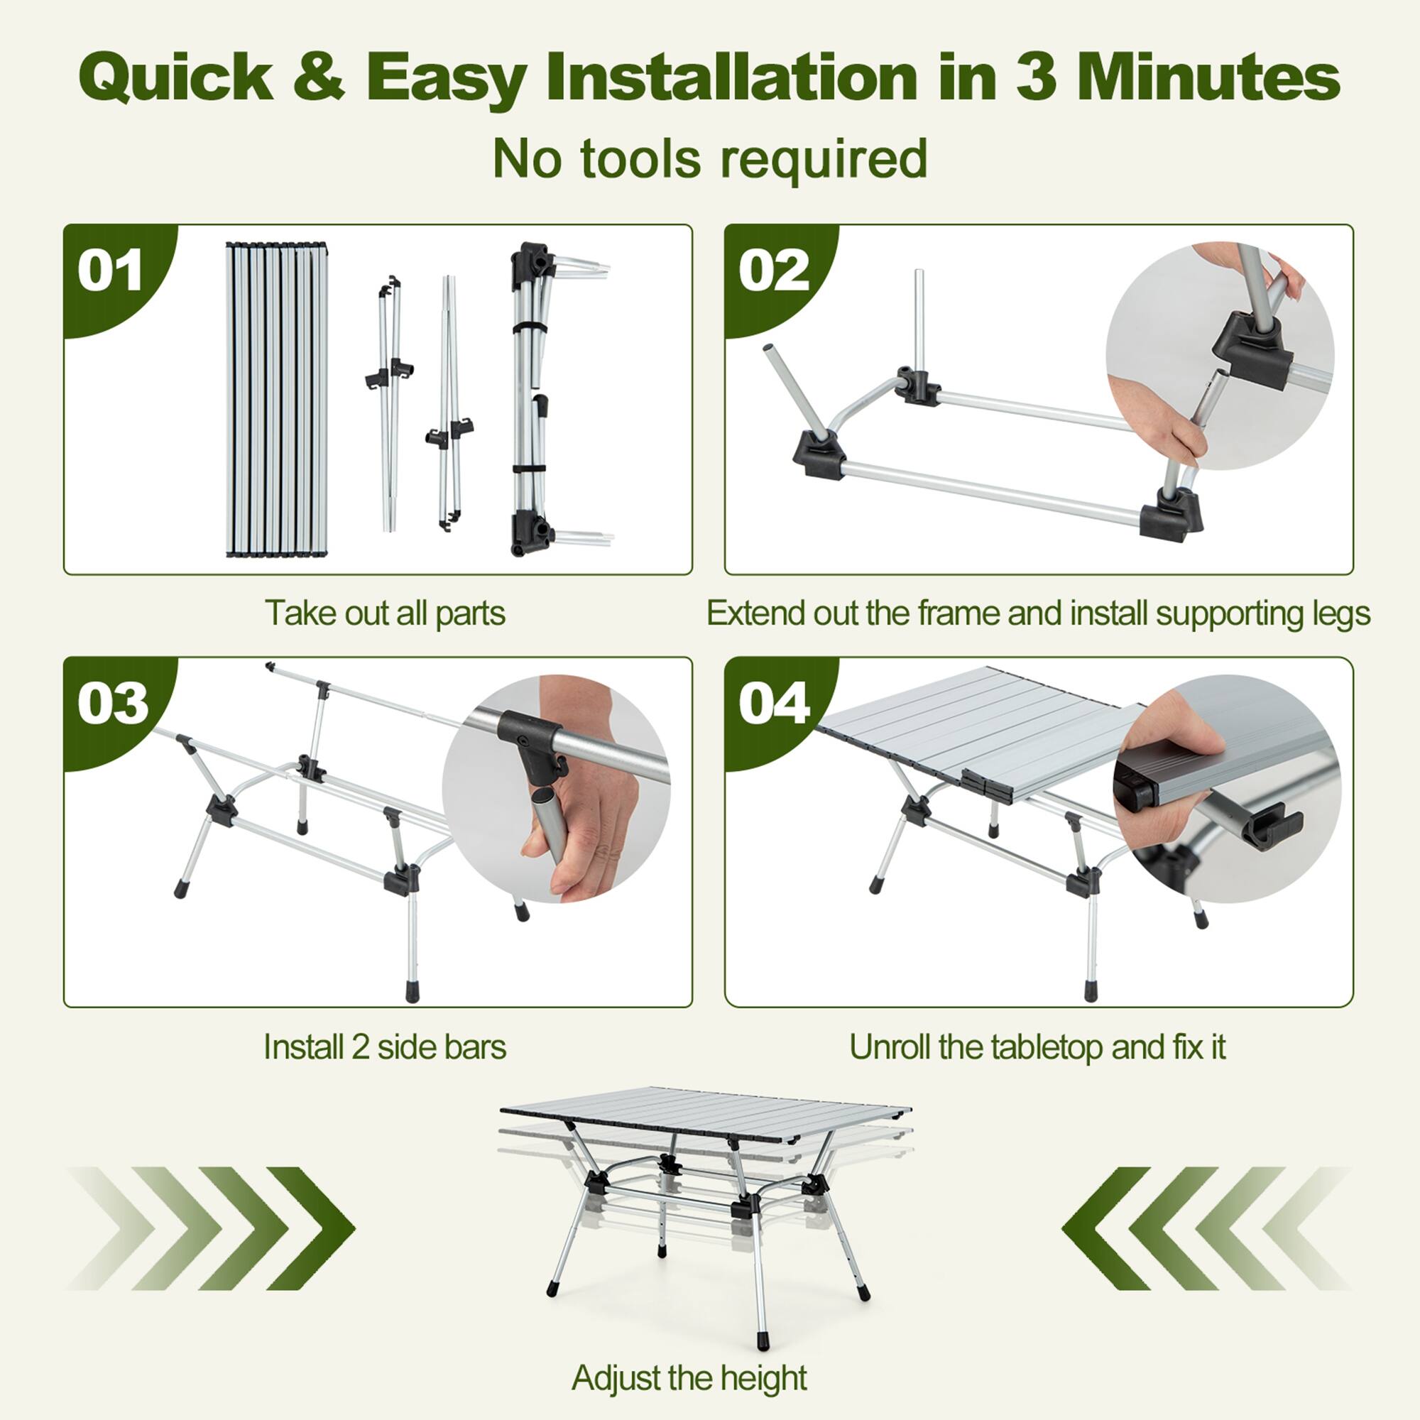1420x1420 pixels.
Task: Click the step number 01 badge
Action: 110,271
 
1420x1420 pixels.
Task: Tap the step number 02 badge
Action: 773,271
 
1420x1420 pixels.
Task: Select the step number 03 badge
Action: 112,704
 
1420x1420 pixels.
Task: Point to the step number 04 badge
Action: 774,704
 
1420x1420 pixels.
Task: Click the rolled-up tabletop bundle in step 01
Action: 276,399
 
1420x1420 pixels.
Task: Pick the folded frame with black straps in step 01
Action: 535,399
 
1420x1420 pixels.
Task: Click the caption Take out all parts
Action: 384,613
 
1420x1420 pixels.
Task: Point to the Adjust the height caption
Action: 689,1377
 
